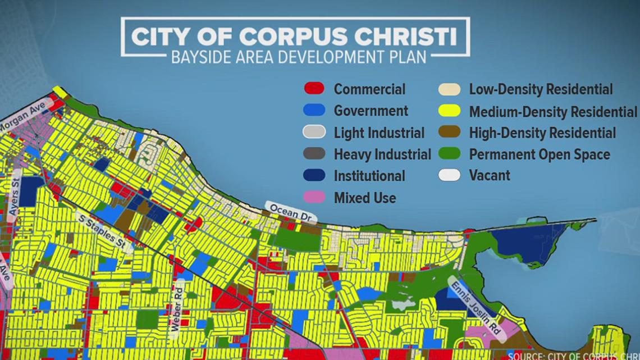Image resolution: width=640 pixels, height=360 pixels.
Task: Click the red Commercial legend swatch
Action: tap(314, 89)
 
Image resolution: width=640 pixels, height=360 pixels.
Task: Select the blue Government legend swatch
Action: tap(314, 111)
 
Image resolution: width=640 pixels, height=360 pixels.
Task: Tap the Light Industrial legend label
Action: tap(379, 133)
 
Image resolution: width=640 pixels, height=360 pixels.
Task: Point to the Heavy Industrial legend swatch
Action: tap(314, 154)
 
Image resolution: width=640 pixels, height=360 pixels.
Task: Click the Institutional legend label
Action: tap(369, 176)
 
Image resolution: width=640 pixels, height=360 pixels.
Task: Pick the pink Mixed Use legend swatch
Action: tap(314, 198)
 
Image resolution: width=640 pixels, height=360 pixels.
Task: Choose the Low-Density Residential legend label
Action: tap(541, 89)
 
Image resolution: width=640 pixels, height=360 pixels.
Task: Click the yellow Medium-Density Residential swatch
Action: tap(449, 111)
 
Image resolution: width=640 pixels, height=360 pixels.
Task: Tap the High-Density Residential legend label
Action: tap(542, 133)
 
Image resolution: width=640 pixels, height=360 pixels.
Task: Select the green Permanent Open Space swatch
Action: tap(449, 154)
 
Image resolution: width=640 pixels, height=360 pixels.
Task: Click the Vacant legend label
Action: tap(490, 175)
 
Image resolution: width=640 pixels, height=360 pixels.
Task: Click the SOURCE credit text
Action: tap(573, 356)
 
